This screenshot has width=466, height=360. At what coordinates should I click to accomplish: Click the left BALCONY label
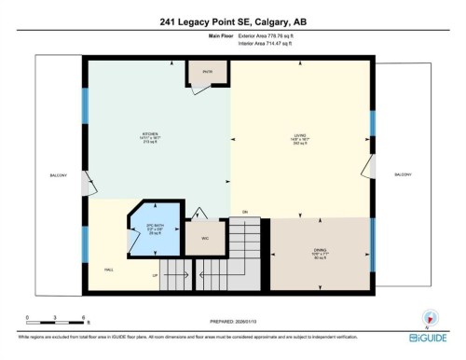pyautogui.click(x=58, y=174)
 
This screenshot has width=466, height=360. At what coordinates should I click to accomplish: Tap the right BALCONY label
pyautogui.click(x=403, y=174)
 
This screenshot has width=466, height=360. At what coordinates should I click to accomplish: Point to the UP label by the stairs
pyautogui.click(x=155, y=276)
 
